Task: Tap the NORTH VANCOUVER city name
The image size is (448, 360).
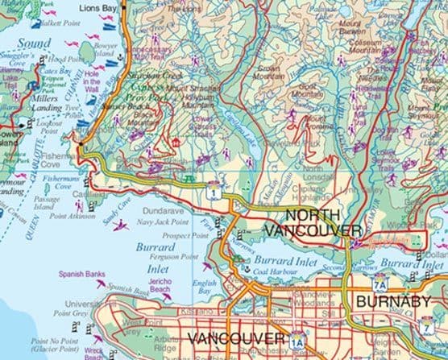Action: [x=321, y=223]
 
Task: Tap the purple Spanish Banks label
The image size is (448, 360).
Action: [x=77, y=274]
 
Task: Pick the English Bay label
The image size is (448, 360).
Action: [x=205, y=288]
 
